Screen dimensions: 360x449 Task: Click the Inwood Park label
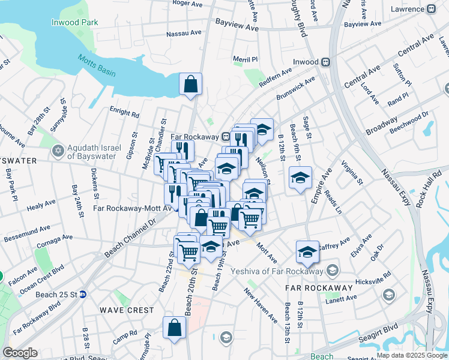74,22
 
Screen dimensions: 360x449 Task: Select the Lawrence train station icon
431,9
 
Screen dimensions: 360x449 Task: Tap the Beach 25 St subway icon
83,294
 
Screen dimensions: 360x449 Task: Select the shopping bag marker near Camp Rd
174,328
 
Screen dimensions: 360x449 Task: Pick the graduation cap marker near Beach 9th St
300,178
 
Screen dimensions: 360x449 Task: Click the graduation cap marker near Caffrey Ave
307,252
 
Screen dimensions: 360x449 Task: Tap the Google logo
19,353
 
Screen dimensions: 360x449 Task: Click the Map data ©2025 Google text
412,356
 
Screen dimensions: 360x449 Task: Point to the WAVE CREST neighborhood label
127,310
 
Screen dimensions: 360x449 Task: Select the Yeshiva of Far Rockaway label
284,269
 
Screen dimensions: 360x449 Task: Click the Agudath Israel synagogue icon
58,150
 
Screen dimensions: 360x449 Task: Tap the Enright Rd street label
124,112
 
